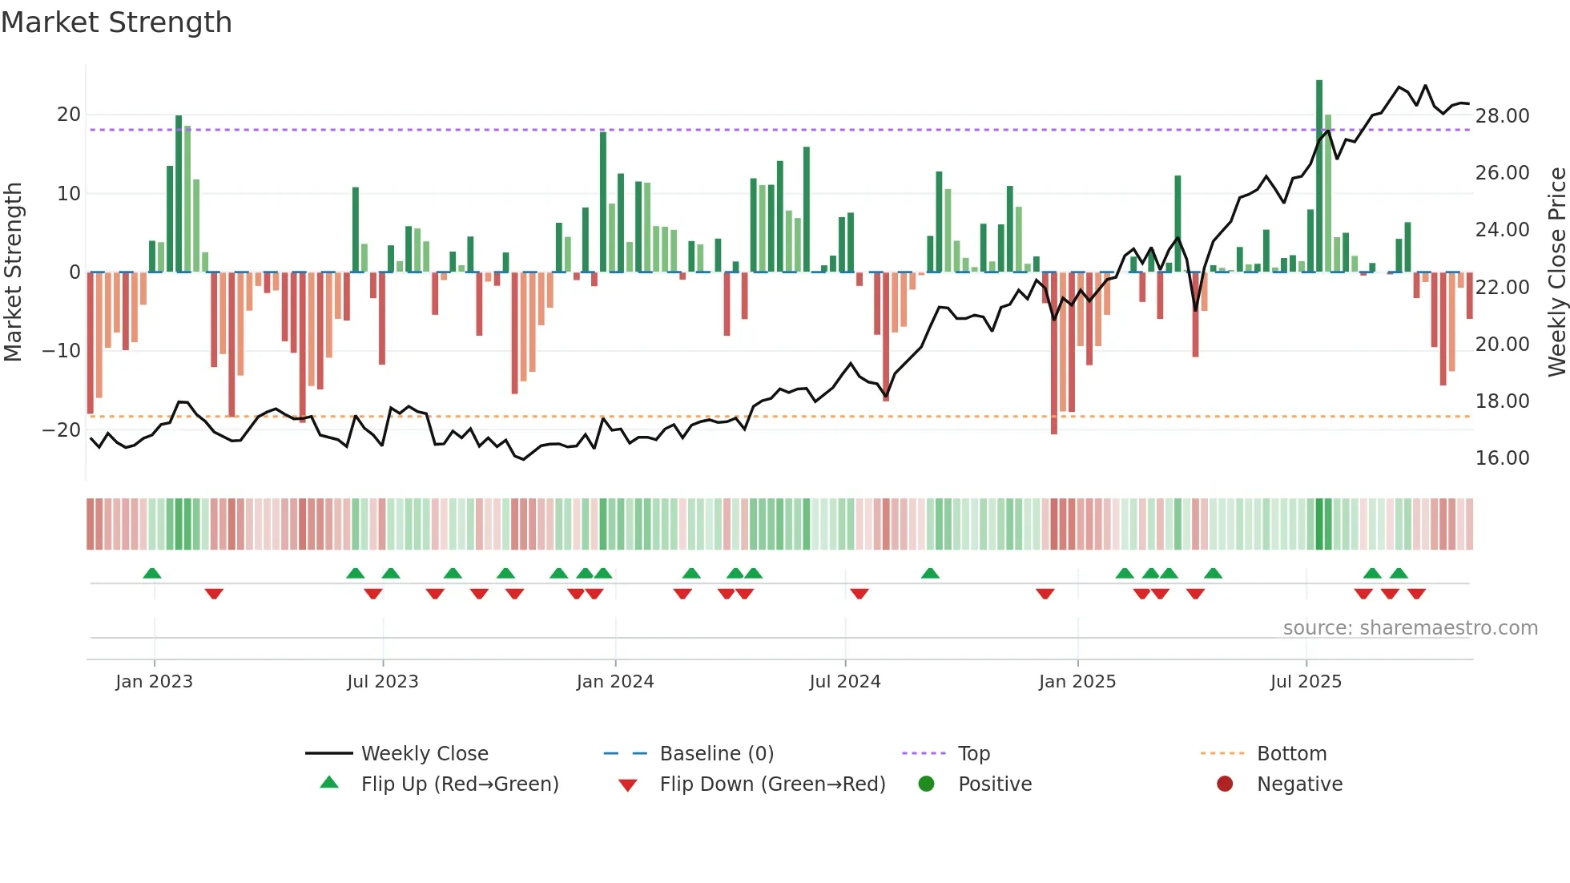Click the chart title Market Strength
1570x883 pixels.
[x=116, y=22]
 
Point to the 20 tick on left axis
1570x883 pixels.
[x=69, y=115]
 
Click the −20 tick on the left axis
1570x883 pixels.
[x=62, y=430]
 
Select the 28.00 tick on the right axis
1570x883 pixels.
[x=1502, y=116]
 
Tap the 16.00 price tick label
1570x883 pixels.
[x=1502, y=458]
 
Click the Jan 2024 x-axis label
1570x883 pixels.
[x=614, y=682]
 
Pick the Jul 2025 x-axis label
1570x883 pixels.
[x=1305, y=682]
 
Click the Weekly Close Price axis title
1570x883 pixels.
[x=1556, y=272]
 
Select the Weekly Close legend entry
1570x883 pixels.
[x=424, y=754]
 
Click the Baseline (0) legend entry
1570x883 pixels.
[x=716, y=754]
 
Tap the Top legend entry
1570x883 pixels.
[x=973, y=754]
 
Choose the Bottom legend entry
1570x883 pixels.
[x=1291, y=754]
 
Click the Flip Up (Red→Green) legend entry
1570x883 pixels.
[x=459, y=784]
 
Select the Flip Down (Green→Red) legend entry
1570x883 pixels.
[x=772, y=784]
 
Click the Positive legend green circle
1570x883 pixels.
[x=926, y=784]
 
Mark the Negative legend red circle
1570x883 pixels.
[x=1224, y=784]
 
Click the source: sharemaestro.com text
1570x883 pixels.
[x=1410, y=628]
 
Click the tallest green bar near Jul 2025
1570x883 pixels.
[x=1318, y=176]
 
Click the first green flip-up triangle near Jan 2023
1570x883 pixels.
[x=152, y=573]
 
